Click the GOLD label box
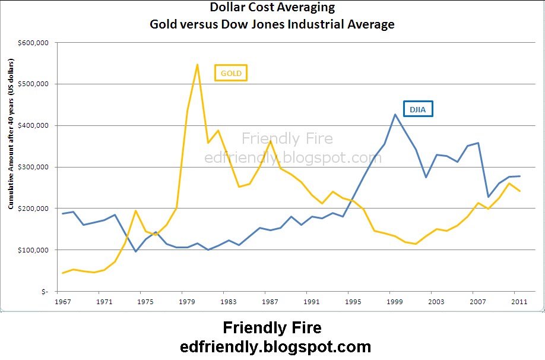[230, 72]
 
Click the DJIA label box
[418, 109]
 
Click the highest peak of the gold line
[197, 64]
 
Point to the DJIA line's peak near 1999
[395, 114]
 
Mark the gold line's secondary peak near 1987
[271, 141]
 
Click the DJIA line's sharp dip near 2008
[488, 197]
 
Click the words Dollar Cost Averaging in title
[272, 8]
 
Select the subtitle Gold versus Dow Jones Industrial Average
[272, 24]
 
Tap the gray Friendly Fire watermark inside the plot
[287, 139]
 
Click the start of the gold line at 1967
[62, 273]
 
